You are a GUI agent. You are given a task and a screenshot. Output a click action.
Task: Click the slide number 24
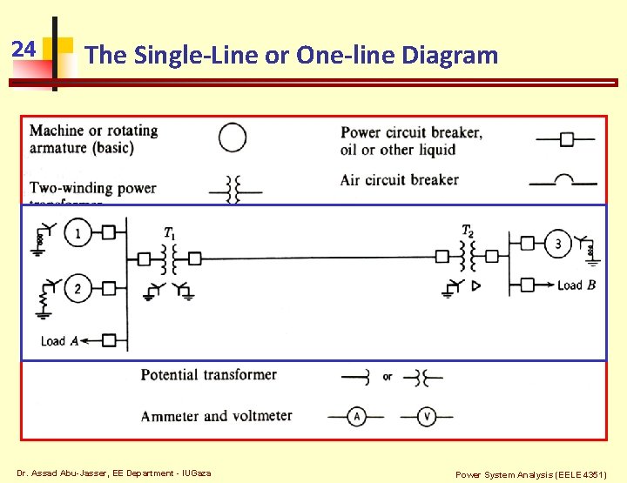tap(24, 49)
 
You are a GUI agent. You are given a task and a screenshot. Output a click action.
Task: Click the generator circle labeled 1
tap(78, 232)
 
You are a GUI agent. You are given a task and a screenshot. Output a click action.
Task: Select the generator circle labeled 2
tap(78, 288)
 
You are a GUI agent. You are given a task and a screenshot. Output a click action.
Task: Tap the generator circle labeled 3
tap(558, 244)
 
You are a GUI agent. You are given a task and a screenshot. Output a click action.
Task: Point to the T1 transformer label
tap(170, 232)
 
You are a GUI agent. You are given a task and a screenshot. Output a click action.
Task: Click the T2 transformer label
tap(468, 231)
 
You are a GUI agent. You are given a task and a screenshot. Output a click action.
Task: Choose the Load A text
tap(60, 340)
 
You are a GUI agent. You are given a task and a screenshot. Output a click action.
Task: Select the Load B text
tap(576, 285)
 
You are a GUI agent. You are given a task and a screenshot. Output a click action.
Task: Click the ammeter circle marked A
tap(356, 417)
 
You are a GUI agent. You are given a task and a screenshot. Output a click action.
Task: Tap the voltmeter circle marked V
tap(427, 417)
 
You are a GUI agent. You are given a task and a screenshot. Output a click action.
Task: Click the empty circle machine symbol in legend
tap(233, 138)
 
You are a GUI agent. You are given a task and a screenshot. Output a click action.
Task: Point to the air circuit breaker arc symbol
tap(564, 179)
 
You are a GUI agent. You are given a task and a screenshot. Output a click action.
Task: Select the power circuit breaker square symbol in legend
tap(566, 138)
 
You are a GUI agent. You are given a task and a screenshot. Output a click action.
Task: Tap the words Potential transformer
tap(209, 375)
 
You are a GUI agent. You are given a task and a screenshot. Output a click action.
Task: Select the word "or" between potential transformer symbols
tap(388, 377)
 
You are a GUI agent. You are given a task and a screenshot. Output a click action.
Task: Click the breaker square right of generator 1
tap(109, 232)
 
